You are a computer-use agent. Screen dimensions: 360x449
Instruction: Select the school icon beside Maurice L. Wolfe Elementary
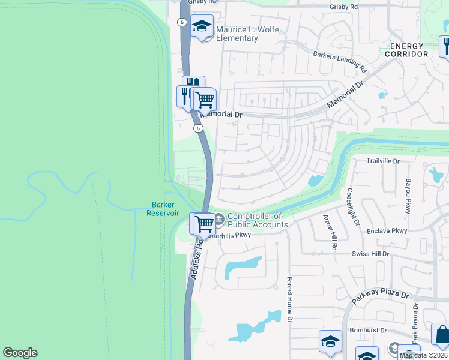(202, 26)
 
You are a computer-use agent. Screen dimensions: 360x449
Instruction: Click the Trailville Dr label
(383, 161)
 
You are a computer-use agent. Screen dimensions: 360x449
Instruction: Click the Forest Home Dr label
(289, 299)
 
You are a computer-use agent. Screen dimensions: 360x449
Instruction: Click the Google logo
(20, 353)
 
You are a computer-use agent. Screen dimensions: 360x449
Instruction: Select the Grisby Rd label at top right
(343, 7)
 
